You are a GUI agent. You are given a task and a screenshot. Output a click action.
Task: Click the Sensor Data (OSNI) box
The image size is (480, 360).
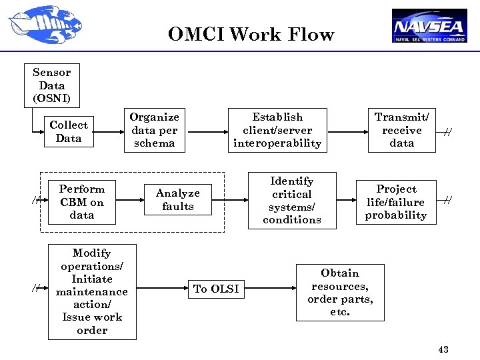(52, 86)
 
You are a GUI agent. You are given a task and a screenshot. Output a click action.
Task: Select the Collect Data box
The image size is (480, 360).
(69, 132)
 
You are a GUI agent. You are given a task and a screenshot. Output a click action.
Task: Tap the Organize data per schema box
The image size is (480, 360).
(154, 130)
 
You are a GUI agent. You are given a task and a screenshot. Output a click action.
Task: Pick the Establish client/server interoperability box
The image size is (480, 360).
(277, 130)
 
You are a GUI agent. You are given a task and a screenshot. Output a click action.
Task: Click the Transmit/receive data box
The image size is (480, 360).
(401, 130)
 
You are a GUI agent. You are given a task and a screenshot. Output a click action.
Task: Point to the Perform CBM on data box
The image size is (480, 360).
(82, 202)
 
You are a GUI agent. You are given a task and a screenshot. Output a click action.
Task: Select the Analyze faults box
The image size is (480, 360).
(178, 200)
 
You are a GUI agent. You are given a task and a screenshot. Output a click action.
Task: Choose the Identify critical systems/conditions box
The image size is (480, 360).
(292, 201)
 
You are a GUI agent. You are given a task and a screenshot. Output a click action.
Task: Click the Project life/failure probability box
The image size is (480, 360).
(396, 202)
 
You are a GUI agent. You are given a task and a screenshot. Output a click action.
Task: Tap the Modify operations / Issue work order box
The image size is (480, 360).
(92, 291)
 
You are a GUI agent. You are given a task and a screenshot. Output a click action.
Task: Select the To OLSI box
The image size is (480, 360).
(216, 289)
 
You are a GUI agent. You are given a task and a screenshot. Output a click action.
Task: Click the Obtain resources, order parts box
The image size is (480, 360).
(340, 293)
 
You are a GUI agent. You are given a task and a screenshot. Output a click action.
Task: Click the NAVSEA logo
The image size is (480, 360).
(429, 26)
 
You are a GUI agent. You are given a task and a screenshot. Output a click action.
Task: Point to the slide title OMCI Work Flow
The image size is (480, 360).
(251, 34)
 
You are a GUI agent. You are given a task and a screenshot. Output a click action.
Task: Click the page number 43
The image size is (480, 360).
(443, 349)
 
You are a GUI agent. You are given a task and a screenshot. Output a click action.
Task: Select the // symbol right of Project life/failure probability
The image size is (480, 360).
(448, 200)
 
